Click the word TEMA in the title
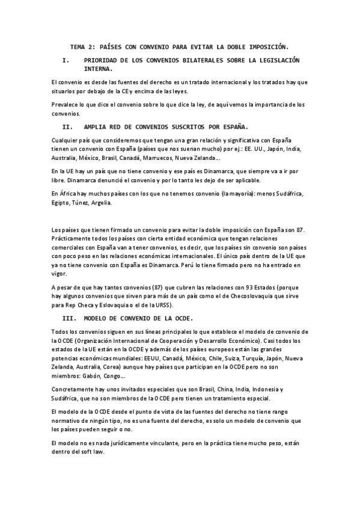[78, 46]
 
